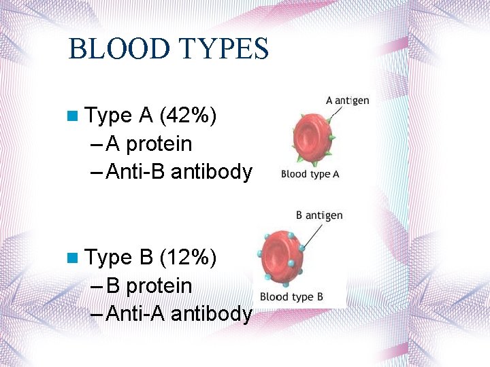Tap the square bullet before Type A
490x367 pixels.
click(x=73, y=116)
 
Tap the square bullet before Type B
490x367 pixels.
click(x=73, y=258)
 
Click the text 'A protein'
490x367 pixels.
click(x=149, y=144)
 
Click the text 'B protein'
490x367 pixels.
click(x=149, y=285)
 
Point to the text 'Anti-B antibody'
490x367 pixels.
click(x=179, y=172)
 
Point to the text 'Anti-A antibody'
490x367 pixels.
click(x=179, y=313)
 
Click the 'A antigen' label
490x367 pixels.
click(x=347, y=101)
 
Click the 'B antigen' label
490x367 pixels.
click(x=319, y=215)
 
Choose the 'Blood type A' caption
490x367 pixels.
click(x=310, y=174)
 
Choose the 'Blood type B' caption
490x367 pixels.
click(x=291, y=297)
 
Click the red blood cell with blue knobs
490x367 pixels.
click(x=281, y=258)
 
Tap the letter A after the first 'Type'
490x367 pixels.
click(x=145, y=116)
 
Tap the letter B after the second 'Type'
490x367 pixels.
click(x=145, y=258)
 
